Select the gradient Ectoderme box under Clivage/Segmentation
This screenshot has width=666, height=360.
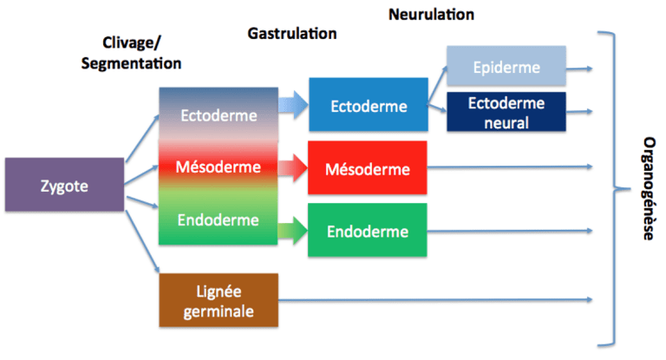pos(219,115)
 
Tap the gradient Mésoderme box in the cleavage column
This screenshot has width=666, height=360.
pos(219,166)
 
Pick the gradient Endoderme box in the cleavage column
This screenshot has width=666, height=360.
pos(219,219)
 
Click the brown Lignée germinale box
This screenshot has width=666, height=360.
pos(219,300)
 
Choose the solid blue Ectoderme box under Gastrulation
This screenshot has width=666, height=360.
pos(369,106)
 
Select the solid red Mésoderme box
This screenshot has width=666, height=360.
pos(369,167)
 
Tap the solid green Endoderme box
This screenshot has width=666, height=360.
pos(369,231)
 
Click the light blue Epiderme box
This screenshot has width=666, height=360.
pos(506,67)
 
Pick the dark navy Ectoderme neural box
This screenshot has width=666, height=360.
pos(506,112)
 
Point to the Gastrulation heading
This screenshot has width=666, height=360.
pos(291,33)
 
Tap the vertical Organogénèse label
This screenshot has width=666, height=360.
pos(648,187)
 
